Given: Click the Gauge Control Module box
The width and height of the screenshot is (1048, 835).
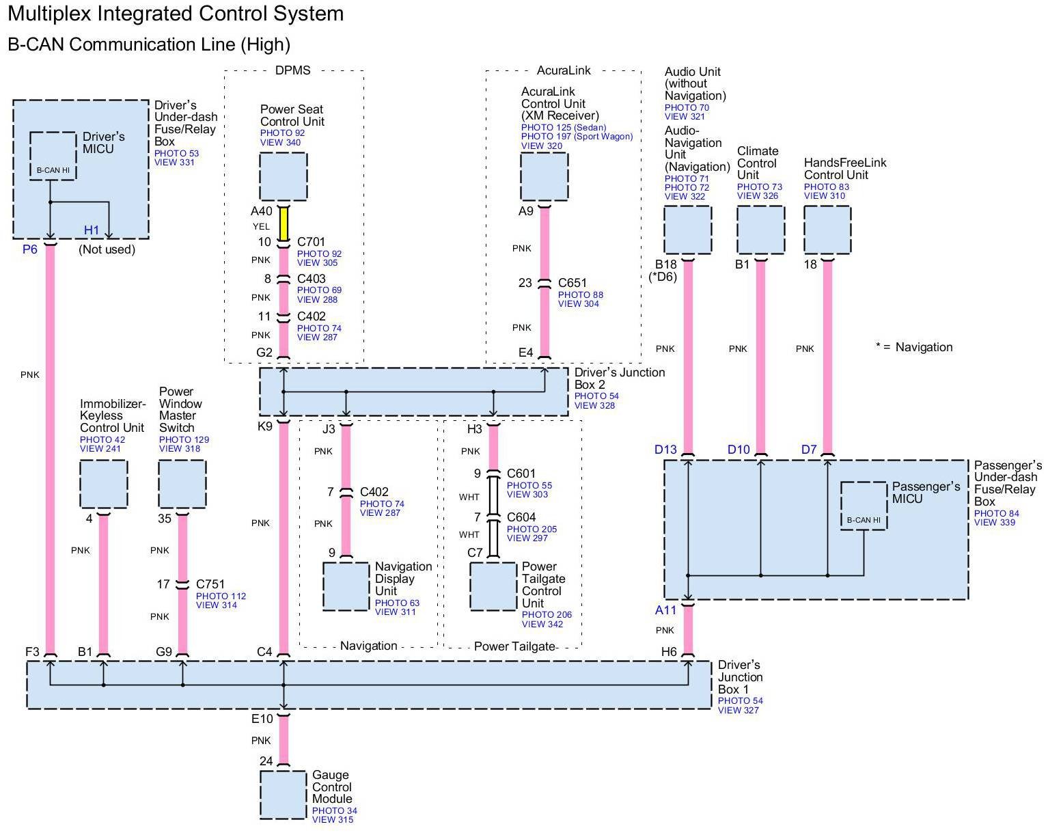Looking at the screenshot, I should point(283,795).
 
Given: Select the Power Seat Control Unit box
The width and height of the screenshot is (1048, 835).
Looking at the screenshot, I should point(283,176).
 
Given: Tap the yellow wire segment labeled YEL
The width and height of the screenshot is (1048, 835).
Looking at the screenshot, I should point(283,225).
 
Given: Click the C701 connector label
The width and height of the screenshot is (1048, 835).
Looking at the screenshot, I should point(311,242).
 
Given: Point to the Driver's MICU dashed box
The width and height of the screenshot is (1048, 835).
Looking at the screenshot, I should point(53,156).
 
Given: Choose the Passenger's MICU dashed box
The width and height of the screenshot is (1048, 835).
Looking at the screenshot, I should point(864,506).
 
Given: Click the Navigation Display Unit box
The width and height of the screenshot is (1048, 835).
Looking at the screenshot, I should point(346,586).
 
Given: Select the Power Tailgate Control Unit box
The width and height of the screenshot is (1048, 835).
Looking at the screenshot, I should point(493,586).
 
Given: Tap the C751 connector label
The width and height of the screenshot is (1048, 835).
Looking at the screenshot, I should point(210,584).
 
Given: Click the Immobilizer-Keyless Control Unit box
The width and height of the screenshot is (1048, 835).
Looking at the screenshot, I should point(103,484).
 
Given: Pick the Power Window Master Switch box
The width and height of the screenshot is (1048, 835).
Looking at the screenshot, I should point(182,484).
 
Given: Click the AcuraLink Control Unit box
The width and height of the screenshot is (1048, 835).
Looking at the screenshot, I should point(544,176).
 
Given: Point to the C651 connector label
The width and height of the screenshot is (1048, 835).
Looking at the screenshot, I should point(573,283).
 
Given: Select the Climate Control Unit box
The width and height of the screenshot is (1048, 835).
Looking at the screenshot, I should point(760,230).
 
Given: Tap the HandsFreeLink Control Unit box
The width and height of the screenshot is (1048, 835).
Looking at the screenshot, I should point(827,230).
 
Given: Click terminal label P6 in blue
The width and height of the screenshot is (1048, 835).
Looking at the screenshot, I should point(30,249).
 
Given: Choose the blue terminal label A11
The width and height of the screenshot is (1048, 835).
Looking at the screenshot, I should point(665,610).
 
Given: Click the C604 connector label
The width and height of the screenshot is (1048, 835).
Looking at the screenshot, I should point(521,517).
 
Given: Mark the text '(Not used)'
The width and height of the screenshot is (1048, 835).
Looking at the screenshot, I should point(107,249).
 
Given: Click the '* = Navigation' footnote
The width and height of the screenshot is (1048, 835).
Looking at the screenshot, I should point(914,347).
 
